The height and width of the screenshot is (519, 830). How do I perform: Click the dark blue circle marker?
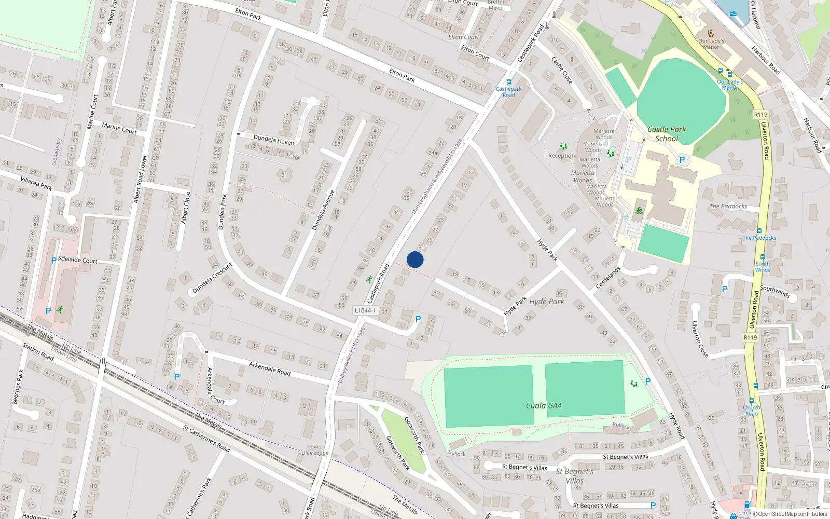pos(415,259)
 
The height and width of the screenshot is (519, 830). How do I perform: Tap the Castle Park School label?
pos(667,134)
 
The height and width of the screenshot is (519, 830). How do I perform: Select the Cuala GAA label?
pos(544,405)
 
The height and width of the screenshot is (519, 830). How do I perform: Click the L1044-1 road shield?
pos(365,310)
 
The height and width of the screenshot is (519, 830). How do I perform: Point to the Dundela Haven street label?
pos(274,140)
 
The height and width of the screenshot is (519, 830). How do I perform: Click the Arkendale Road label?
pos(269,368)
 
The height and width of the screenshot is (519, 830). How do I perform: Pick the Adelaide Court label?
pos(78,259)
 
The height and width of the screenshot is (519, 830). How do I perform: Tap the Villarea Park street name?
pos(36,183)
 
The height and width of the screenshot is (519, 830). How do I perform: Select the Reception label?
pos(561,156)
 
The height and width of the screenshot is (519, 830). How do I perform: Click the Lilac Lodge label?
pos(315,453)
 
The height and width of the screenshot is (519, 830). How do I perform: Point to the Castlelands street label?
pos(608,278)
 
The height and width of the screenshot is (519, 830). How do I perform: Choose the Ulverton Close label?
pos(700,339)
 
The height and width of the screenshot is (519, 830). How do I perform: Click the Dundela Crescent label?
pos(212,278)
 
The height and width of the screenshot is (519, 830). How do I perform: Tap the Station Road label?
pos(38,351)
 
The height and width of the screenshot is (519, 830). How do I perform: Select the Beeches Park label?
pos(18,387)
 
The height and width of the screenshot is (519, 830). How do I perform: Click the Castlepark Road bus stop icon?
pos(508,82)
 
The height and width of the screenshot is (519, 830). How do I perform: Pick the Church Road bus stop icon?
pos(751,401)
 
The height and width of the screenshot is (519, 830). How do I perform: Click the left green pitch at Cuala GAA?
pos(489,397)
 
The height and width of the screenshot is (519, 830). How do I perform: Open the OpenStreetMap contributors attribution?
pos(792,514)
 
